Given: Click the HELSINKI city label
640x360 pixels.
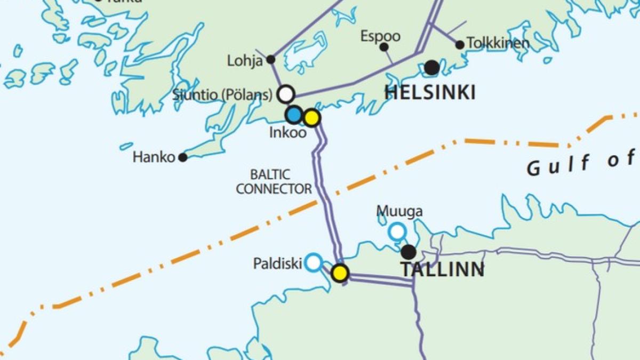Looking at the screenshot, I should pos(430,93).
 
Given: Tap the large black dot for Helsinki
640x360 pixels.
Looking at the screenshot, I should pos(432,68).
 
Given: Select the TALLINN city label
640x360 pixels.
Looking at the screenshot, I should pos(443,270).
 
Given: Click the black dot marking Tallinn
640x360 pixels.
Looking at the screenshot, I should pos(409,252).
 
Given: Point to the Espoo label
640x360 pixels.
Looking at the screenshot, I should pos(380,36).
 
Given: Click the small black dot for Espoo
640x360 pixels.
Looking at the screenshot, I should pos(383,47).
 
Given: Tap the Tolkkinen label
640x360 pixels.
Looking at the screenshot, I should pos(498,44).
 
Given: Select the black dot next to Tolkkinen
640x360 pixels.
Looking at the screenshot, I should pos(460,45).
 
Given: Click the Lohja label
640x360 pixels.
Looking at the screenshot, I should pos(245,61).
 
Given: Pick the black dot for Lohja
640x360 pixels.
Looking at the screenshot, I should pos(271,59).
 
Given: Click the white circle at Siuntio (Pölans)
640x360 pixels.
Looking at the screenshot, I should pos(286,94).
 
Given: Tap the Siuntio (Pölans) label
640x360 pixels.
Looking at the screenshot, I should pos(222,95).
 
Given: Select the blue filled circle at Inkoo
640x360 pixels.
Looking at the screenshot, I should pos(294,114).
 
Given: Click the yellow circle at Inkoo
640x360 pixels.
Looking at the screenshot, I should pos(311,117).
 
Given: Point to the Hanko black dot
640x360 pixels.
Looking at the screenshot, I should pos(183,157).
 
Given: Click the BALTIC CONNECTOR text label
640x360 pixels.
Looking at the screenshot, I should pos(274,181).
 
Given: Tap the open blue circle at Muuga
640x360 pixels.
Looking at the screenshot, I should pos(397,231).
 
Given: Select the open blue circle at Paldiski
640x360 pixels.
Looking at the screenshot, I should pos(314,262).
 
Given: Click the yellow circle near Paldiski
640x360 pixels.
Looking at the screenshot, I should pos(340,273).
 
